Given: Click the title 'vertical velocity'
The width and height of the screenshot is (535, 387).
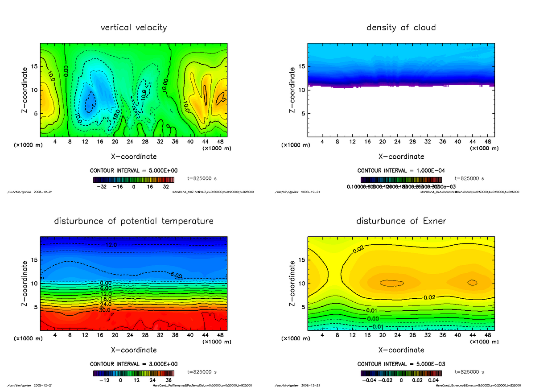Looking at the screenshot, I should pyautogui.click(x=134, y=28).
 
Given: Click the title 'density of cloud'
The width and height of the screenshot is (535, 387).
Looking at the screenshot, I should pyautogui.click(x=401, y=28).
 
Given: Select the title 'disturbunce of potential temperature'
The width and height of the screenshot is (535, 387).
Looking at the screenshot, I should pyautogui.click(x=134, y=221).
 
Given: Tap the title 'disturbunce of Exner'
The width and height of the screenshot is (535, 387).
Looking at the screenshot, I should pyautogui.click(x=401, y=221).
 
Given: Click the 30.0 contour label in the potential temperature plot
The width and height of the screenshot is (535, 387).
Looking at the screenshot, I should pyautogui.click(x=106, y=309).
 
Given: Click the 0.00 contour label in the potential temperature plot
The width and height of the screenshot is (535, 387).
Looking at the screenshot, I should pyautogui.click(x=106, y=283).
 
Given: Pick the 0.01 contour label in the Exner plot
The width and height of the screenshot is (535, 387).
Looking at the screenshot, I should pyautogui.click(x=373, y=310).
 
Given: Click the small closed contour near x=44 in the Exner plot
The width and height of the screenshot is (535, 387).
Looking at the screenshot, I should pyautogui.click(x=472, y=282).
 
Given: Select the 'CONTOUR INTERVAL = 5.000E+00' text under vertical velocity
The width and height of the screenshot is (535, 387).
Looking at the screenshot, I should pyautogui.click(x=134, y=171).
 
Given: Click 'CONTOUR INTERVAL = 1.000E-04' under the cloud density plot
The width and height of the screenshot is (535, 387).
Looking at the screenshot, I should pyautogui.click(x=401, y=171).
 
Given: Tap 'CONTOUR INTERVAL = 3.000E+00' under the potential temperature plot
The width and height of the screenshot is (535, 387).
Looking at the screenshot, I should pyautogui.click(x=134, y=364).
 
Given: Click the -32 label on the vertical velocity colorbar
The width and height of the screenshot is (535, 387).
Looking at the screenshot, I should pyautogui.click(x=104, y=187).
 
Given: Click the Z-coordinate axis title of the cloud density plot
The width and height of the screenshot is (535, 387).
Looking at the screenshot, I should pyautogui.click(x=292, y=90).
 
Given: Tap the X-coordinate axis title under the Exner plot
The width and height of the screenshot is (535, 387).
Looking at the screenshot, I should pyautogui.click(x=401, y=350).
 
